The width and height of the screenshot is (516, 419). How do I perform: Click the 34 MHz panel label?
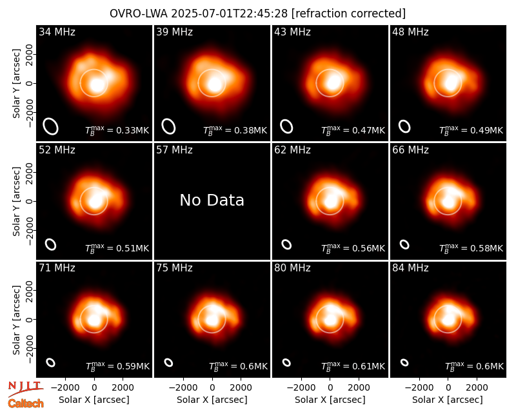[57, 32]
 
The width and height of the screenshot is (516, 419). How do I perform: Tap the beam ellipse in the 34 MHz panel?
[51, 126]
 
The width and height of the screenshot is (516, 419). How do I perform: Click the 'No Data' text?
[212, 200]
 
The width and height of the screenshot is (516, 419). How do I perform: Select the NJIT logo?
[25, 388]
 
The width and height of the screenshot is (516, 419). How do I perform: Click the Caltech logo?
[26, 404]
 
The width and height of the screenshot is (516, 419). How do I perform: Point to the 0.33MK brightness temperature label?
[117, 130]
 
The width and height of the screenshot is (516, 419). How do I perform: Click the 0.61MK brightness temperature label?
[353, 366]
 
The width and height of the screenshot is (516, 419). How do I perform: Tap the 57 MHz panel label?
[174, 150]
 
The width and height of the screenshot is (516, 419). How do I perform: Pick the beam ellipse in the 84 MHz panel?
[404, 362]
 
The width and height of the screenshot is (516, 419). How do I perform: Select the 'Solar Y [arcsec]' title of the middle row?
[16, 201]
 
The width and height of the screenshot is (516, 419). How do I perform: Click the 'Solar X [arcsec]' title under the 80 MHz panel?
[330, 400]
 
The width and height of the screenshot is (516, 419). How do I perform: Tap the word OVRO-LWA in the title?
[139, 14]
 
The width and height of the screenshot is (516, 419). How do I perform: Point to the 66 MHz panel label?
[410, 150]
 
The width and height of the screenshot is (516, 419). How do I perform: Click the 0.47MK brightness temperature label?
[353, 130]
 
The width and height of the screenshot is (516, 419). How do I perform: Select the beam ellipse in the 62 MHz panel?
[286, 244]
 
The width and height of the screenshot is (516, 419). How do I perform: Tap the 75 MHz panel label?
[174, 268]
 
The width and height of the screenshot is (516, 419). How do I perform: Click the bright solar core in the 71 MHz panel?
[94, 319]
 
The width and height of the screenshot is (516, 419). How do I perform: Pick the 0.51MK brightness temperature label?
[117, 248]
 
